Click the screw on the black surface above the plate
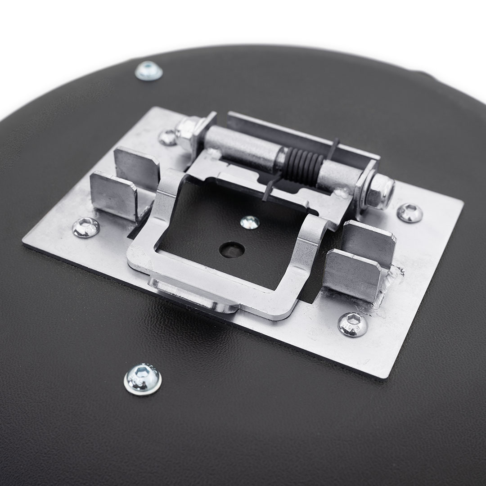tap(148, 70)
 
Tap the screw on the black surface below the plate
tap(143, 379)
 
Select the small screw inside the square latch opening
tap(249, 222)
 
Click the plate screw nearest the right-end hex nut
tap(409, 212)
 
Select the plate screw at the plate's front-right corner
tap(353, 324)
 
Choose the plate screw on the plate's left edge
tap(85, 227)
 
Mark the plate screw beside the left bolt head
tap(168, 137)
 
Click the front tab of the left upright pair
tap(113, 195)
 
